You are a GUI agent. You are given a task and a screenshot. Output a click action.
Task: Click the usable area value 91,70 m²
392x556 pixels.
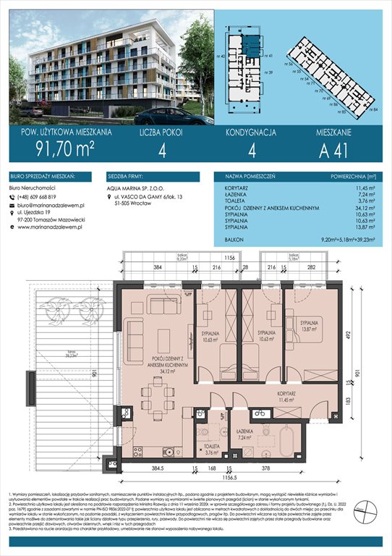(x=50, y=152)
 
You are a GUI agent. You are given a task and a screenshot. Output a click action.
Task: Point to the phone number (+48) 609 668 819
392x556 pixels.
(x=44, y=197)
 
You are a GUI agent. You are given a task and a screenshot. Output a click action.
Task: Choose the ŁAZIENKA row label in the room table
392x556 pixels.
(x=229, y=195)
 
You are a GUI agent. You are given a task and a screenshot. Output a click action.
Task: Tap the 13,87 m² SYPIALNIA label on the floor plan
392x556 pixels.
(x=312, y=325)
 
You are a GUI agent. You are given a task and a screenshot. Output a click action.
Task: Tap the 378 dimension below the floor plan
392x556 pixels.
(x=272, y=468)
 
